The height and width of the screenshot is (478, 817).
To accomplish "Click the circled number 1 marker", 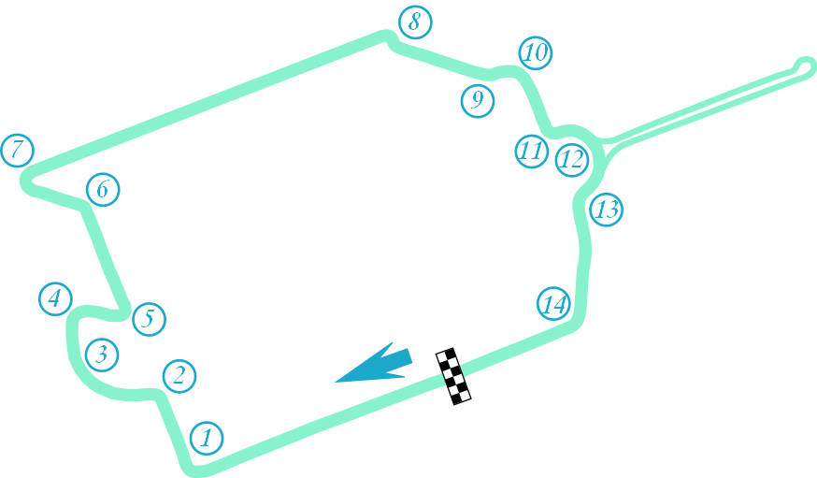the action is click(x=207, y=437).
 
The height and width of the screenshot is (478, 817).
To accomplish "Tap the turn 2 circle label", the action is click(x=179, y=376).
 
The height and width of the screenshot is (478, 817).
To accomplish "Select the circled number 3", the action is click(x=102, y=355).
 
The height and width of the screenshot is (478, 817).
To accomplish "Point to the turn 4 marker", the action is click(x=55, y=298).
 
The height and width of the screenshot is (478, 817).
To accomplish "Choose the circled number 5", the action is click(x=148, y=319).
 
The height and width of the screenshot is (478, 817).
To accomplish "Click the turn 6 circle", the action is click(x=103, y=190).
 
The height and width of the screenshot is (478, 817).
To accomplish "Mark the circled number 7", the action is click(x=18, y=150).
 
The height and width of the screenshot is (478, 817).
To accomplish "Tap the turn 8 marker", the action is click(x=414, y=21).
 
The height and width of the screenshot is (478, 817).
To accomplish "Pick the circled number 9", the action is click(x=478, y=99).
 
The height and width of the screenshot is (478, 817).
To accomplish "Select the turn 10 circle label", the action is click(x=535, y=53).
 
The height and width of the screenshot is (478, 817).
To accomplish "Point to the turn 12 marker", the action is click(x=571, y=159).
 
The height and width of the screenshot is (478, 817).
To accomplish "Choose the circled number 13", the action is click(x=607, y=210).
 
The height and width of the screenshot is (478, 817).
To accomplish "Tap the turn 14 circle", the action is click(x=553, y=303).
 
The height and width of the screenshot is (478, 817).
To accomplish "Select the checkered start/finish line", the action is click(x=453, y=375).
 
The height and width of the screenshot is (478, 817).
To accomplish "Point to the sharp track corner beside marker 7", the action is click(x=26, y=181).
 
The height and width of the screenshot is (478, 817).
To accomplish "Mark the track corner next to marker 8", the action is click(x=387, y=36).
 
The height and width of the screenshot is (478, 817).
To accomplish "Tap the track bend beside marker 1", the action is click(x=192, y=464).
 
